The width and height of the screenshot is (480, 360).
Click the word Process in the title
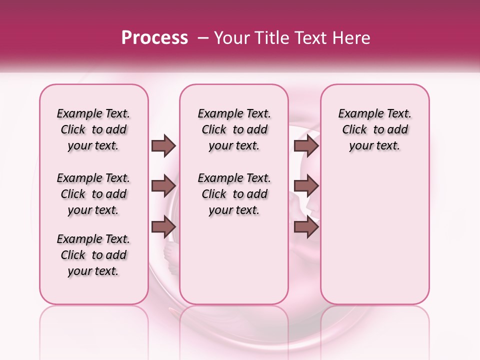click(154, 38)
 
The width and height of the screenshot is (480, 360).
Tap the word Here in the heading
click(352, 38)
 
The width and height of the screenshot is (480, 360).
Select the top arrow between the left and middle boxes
click(163, 145)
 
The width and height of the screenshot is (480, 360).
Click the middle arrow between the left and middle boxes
click(163, 186)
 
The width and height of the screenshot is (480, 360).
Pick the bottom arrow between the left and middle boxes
click(163, 227)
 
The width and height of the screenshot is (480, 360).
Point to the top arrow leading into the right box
click(306, 145)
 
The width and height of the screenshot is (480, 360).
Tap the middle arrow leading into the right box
click(306, 186)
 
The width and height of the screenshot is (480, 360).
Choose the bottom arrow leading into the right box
click(306, 227)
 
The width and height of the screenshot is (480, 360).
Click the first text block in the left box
click(93, 129)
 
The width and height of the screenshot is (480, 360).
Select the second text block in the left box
click(93, 194)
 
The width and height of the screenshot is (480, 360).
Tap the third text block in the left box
click(93, 255)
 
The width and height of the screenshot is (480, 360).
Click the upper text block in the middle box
click(234, 129)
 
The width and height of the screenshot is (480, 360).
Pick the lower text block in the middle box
click(234, 194)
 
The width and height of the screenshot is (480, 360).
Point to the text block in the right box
click(374, 129)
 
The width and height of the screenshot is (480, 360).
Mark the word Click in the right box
click(354, 130)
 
